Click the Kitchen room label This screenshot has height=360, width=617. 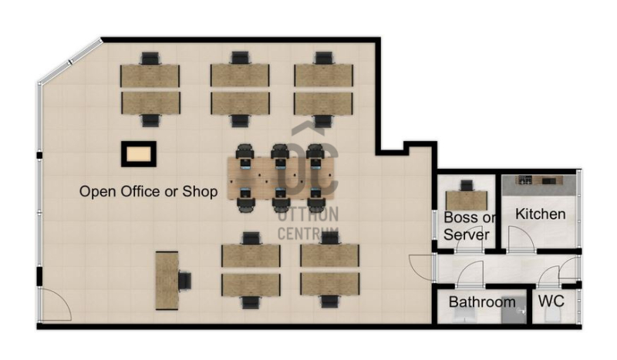click(x=541, y=214)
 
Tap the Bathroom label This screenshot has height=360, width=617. click(x=482, y=301)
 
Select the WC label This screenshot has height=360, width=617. click(x=551, y=301)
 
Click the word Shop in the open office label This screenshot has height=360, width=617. click(x=200, y=192)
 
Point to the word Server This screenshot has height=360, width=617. click(x=467, y=234)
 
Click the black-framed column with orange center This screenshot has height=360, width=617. click(x=139, y=154)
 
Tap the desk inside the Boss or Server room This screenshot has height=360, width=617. click(x=467, y=200)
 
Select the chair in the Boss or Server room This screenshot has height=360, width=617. click(x=467, y=186)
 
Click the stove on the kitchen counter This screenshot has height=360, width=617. click(x=524, y=180)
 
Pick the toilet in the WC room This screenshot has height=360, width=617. click(x=553, y=315)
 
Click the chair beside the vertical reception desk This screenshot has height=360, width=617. click(x=184, y=281)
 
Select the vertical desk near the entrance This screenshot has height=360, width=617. click(x=167, y=281)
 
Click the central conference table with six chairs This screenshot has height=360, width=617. click(x=281, y=178)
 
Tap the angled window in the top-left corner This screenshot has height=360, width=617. click(x=70, y=61)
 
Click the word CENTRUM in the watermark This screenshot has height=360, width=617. click(x=308, y=234)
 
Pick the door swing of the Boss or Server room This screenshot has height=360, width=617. click(x=470, y=239)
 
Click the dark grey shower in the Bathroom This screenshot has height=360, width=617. click(x=514, y=310)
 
